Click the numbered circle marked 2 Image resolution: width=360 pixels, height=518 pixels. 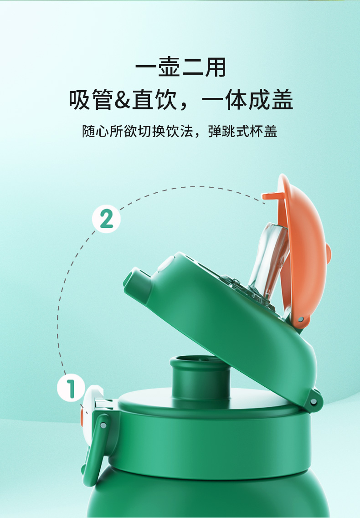click(106, 219)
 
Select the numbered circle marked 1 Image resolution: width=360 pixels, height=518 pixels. click(71, 389)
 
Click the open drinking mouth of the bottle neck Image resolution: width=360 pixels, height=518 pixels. click(200, 363)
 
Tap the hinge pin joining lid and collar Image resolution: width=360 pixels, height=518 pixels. click(314, 401)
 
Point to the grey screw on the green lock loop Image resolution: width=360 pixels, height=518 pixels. click(103, 425)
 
